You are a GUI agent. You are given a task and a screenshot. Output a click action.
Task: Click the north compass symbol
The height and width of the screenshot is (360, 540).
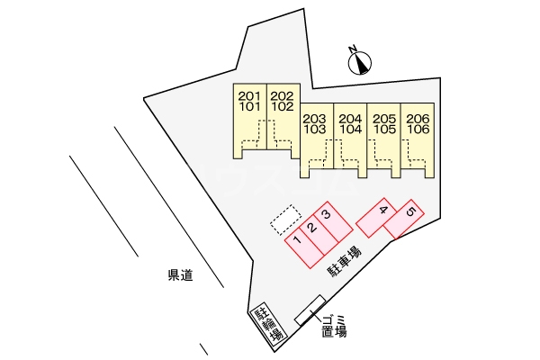[x=360, y=63]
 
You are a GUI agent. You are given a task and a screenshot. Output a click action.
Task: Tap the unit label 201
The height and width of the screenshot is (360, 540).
[x=249, y=96]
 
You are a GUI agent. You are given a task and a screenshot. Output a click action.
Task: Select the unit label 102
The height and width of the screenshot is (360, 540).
[x=283, y=107]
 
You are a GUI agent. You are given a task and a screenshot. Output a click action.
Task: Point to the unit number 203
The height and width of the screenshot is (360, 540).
[x=314, y=119]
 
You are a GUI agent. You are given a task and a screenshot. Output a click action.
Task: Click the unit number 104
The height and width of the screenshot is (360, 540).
[x=351, y=130]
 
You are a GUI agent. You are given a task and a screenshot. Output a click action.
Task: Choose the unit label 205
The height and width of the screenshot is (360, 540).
[x=384, y=119]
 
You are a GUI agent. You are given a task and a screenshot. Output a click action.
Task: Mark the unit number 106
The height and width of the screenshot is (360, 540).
[x=418, y=130]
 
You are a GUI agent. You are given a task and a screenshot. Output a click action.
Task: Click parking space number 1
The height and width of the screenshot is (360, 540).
[x=298, y=239]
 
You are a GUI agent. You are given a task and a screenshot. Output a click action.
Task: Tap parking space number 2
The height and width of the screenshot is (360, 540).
[x=312, y=228]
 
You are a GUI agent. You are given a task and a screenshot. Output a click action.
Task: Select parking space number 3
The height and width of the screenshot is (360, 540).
[x=327, y=215]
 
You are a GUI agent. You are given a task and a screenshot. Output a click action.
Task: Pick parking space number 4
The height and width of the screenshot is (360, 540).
[x=383, y=210]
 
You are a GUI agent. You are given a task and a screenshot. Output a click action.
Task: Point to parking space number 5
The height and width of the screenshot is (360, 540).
[x=411, y=211]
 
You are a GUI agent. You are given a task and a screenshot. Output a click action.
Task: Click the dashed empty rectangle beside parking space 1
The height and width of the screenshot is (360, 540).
[x=286, y=220]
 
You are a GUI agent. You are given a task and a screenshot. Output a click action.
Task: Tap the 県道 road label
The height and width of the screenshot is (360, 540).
[x=181, y=275]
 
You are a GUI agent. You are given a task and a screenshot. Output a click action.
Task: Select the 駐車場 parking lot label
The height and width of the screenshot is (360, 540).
[x=346, y=262]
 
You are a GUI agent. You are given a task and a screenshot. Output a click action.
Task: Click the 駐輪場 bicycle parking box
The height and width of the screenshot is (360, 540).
[x=268, y=324]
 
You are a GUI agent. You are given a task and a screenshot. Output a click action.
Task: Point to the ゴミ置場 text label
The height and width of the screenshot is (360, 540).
[x=334, y=326]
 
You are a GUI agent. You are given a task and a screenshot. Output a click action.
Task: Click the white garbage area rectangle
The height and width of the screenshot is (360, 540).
[x=310, y=310]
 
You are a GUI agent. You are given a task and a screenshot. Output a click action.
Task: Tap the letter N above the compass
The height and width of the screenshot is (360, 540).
[x=352, y=49]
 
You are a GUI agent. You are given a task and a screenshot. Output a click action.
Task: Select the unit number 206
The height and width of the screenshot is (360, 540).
[x=418, y=119]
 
